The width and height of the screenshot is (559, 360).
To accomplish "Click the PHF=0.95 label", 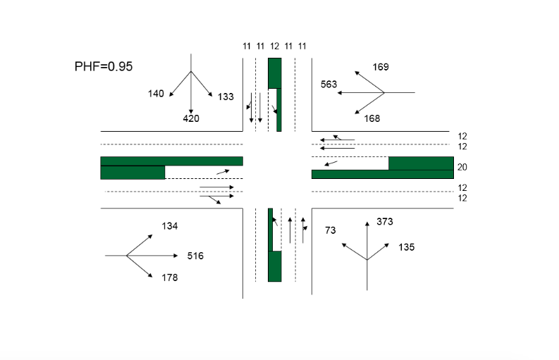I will pyautogui.click(x=104, y=67).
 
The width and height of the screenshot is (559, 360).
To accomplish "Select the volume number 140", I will pyautogui.click(x=155, y=94).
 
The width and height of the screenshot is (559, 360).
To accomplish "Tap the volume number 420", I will pyautogui.click(x=191, y=118).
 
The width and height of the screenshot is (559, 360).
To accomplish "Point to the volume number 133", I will pyautogui.click(x=226, y=97).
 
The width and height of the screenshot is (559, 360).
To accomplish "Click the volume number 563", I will pyautogui.click(x=328, y=84).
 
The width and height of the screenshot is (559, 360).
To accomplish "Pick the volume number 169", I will pyautogui.click(x=381, y=67).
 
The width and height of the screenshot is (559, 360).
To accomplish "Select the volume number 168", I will pyautogui.click(x=372, y=118).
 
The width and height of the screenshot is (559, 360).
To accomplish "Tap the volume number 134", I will pyautogui.click(x=170, y=226).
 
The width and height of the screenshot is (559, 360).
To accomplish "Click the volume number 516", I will pyautogui.click(x=195, y=256).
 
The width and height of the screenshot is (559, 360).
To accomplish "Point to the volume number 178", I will pyautogui.click(x=170, y=278).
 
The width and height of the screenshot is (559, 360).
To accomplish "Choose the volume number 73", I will pyautogui.click(x=330, y=230).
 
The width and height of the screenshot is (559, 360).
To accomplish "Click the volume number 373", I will pyautogui.click(x=384, y=222).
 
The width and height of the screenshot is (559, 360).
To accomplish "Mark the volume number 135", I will pyautogui.click(x=407, y=247).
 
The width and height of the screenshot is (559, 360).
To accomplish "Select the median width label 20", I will pyautogui.click(x=462, y=168).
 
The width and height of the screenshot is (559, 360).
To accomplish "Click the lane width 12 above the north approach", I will pyautogui.click(x=274, y=46).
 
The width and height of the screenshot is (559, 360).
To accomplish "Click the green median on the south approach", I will pyautogui.click(x=275, y=266).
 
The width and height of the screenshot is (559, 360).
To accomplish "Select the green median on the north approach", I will pyautogui.click(x=275, y=73).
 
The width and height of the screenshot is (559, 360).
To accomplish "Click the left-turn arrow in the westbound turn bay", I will pyautogui.click(x=331, y=163).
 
